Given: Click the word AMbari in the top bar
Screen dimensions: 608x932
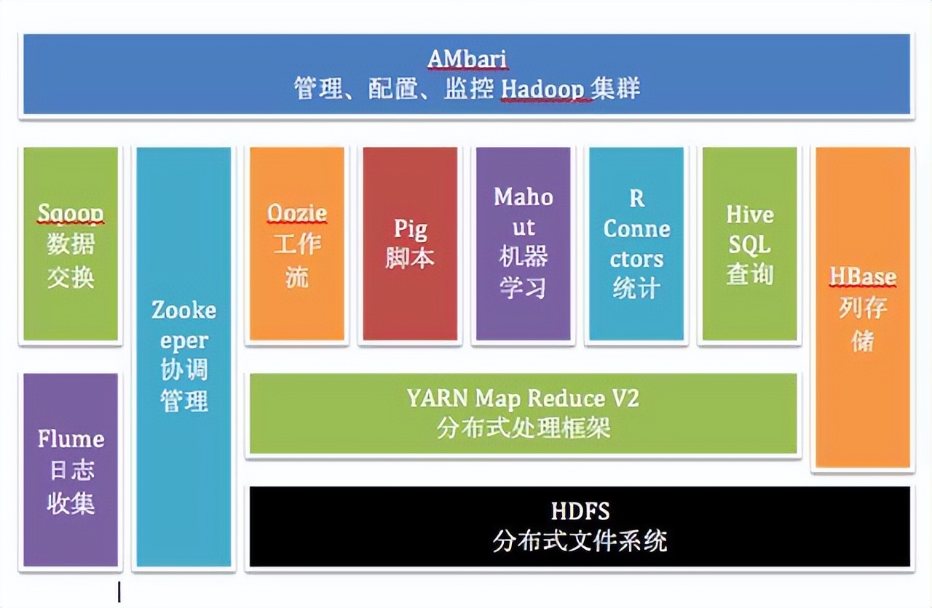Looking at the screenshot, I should coord(466,58).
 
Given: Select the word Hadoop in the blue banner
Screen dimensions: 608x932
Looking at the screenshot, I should coord(542,89).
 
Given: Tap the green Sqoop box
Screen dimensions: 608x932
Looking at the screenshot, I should coord(71,244).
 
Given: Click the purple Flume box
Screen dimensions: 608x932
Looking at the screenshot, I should coord(71,469).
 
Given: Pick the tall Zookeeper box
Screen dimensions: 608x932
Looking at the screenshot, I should coord(183,356).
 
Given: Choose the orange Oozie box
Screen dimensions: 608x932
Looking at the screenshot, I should coord(297,244).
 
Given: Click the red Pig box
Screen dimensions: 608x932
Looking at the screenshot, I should coord(410,244).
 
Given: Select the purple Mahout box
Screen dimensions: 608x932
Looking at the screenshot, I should coord(524,244).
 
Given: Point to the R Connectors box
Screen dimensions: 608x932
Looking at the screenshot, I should coord(636,244).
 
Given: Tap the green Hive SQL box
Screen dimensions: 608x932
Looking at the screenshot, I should coord(749,244).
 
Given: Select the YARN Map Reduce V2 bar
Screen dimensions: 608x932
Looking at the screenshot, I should coord(523,414).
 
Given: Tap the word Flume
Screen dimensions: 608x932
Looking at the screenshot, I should coord(71,439).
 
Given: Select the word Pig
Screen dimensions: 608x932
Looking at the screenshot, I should coord(410,228).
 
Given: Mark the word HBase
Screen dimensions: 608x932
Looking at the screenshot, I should coord(863,277).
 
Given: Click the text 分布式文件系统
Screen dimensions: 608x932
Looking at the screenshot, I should coord(580,542).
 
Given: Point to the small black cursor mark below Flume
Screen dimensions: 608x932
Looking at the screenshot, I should coord(119,591).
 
